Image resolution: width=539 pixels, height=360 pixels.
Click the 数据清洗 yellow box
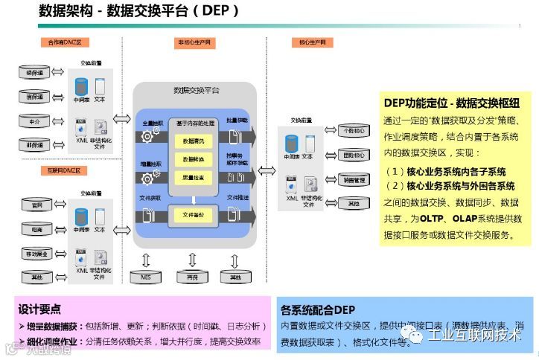tap(193, 140)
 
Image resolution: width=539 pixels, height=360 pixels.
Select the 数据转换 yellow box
tap(193, 159)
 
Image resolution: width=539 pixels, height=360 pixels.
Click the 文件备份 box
tap(193, 214)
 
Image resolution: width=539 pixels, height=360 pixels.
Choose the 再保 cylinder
tap(193, 277)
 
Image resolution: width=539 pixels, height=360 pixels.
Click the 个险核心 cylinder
tap(353, 131)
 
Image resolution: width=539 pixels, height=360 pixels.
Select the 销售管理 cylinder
tap(353, 179)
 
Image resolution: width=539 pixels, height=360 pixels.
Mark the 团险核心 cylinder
tap(353, 155)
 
